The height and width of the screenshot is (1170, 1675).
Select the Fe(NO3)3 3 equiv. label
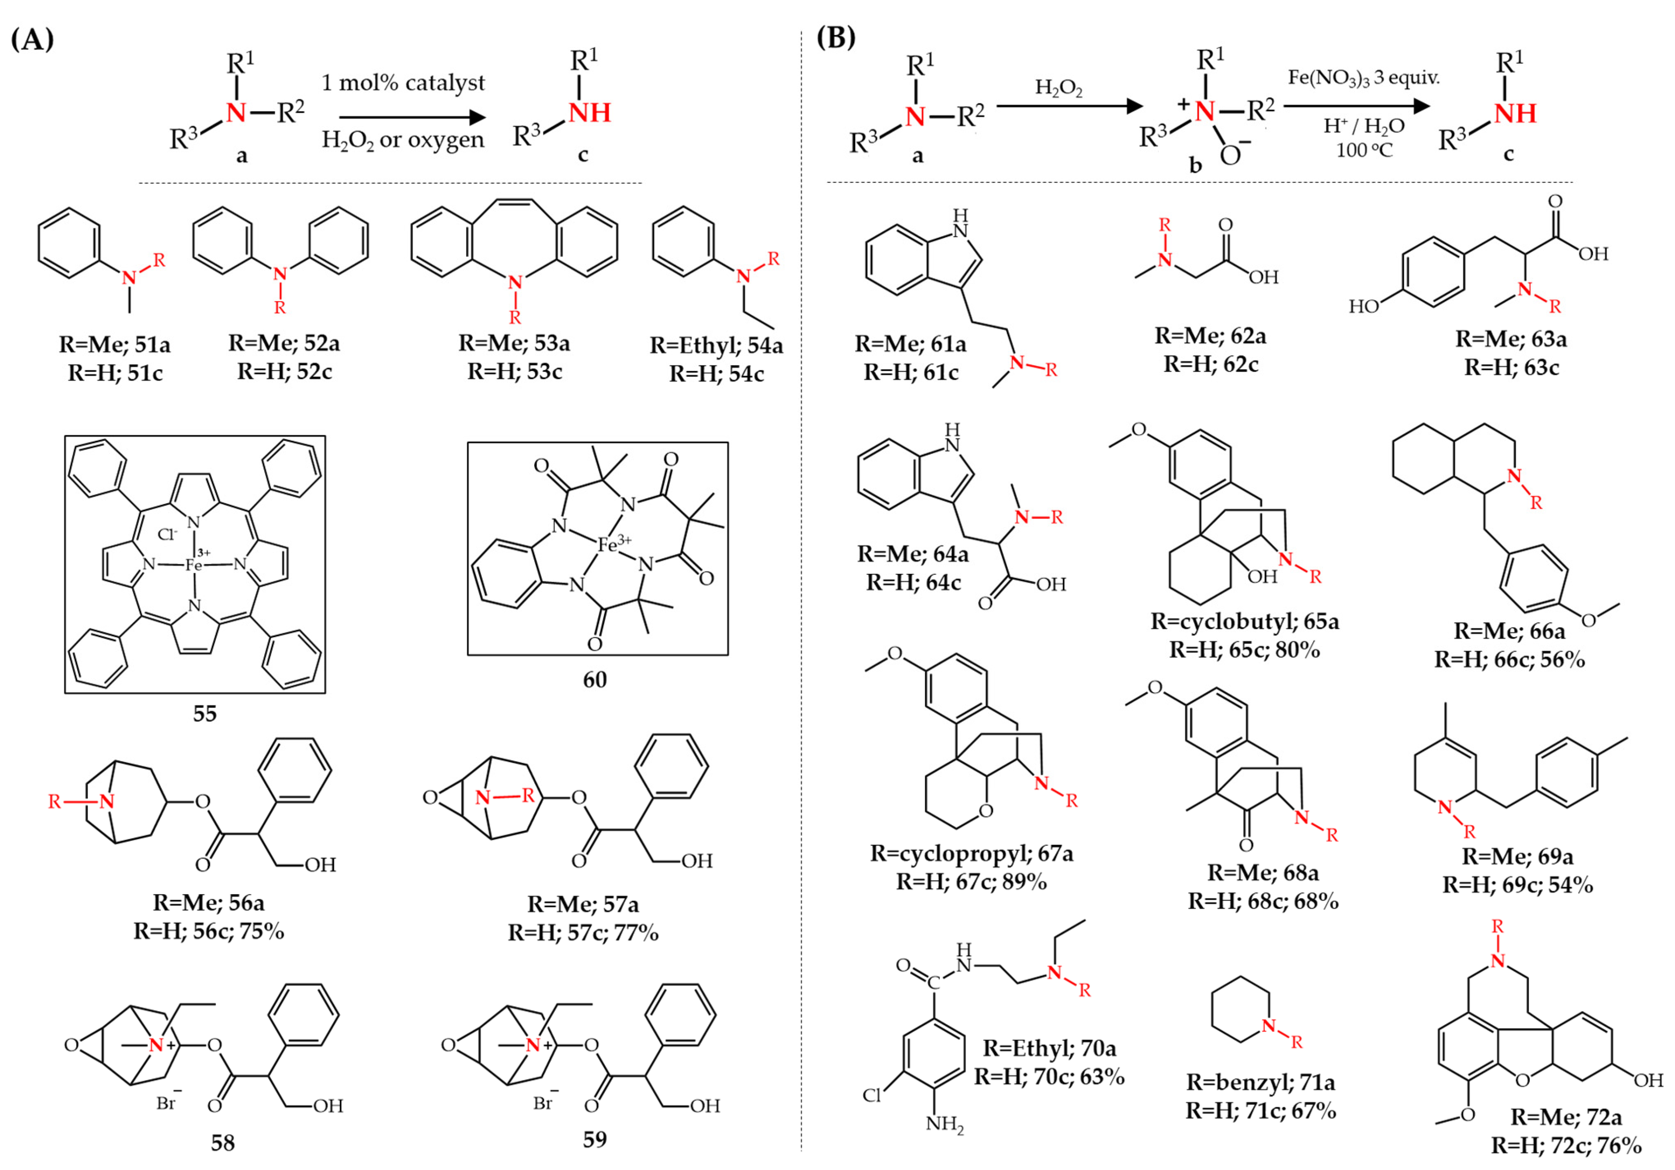coord(1364,77)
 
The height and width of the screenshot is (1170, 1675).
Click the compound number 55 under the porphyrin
coord(205,713)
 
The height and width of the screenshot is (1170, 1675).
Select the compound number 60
coord(594,679)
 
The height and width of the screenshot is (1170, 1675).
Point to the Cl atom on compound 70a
coord(872,1095)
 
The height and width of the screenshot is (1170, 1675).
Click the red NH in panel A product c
coord(590,113)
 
